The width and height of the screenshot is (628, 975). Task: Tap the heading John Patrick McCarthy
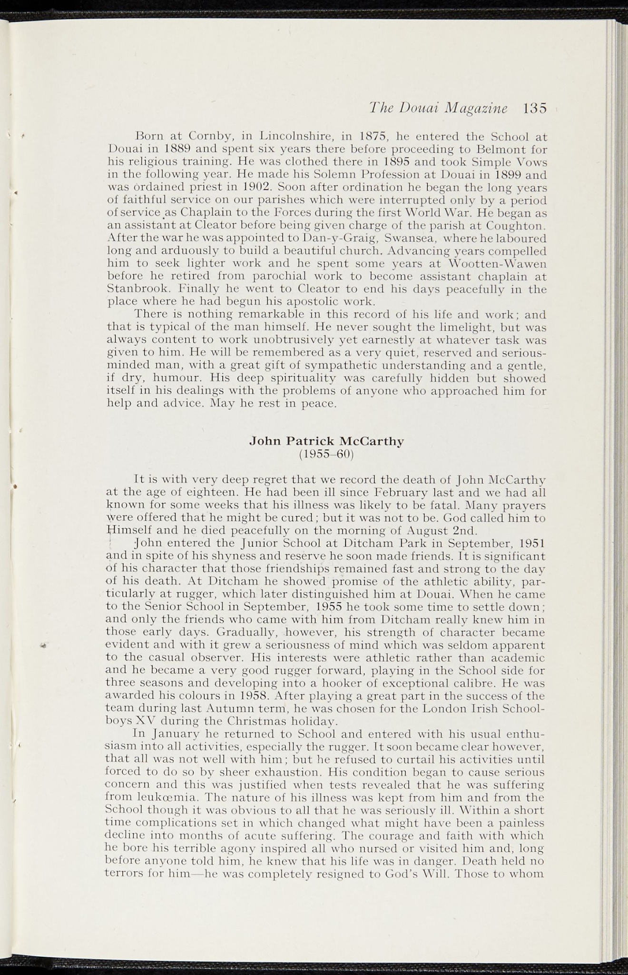[x=327, y=441]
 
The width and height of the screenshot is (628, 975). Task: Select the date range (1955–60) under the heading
[x=327, y=454]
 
